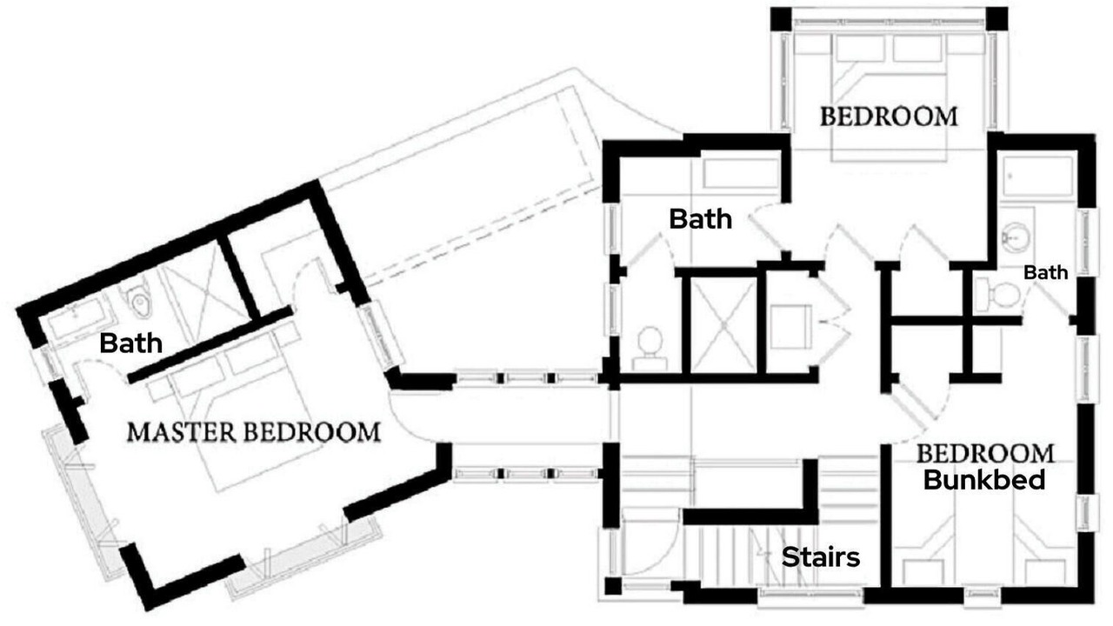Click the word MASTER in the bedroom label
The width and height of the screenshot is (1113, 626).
(182, 432)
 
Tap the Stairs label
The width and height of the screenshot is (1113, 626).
(821, 557)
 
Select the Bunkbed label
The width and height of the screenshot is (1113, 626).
(984, 480)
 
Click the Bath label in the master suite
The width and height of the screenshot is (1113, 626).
(130, 343)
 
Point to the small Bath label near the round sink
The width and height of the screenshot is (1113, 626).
(1046, 272)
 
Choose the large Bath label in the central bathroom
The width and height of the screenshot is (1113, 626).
(701, 219)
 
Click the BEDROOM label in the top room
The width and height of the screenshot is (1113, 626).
(889, 117)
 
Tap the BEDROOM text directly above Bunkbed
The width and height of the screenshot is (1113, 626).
(985, 454)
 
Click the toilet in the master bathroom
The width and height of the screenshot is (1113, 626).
(138, 301)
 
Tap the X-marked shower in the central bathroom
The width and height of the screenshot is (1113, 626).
(723, 325)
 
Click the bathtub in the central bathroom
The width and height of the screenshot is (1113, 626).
(740, 174)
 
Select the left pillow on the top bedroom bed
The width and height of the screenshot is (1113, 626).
(860, 50)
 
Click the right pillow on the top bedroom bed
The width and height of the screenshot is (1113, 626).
(917, 50)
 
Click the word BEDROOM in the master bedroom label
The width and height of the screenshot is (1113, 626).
(312, 432)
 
